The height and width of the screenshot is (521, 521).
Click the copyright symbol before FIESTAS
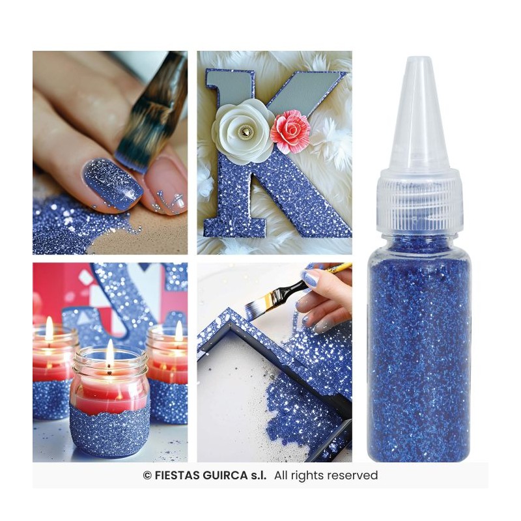coord(147,475)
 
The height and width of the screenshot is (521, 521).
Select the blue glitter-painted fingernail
coord(111,184)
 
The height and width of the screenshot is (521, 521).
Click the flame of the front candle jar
coord(110,352)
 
